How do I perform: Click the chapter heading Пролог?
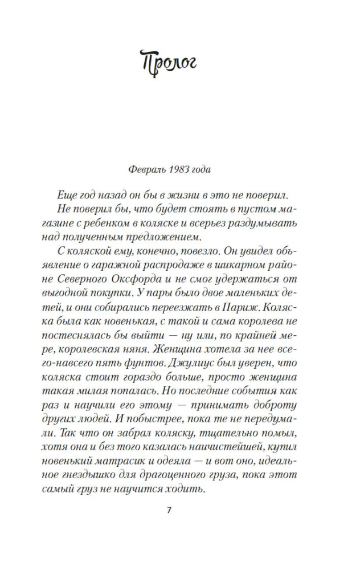click(x=169, y=61)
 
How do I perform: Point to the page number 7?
click(x=169, y=509)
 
